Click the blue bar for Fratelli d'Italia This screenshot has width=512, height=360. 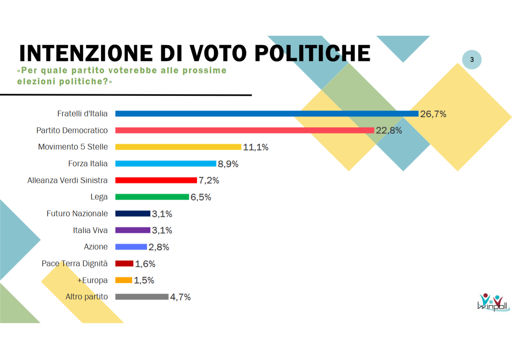[266, 113]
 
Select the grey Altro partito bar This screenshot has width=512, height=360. [142, 296]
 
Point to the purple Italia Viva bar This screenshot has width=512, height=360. [133, 230]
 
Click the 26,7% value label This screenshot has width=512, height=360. [433, 114]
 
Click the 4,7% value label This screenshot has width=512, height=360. [180, 297]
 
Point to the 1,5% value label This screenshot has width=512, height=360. [144, 280]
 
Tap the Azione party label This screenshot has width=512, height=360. [95, 247]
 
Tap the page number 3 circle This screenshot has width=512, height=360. [471, 61]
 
